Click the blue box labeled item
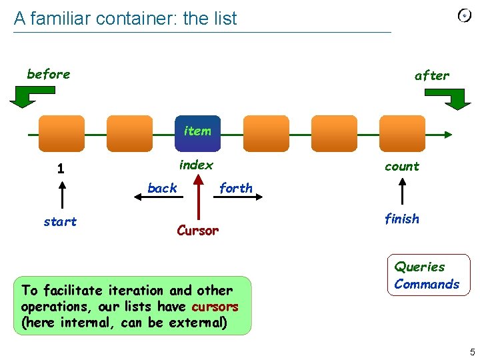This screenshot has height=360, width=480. [197, 133]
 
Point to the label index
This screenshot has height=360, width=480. [196, 165]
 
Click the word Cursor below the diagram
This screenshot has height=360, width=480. [197, 231]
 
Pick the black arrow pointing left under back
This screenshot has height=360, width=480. [159, 198]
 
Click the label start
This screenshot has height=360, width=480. [60, 222]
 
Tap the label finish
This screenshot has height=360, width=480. [402, 219]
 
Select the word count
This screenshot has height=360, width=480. [402, 167]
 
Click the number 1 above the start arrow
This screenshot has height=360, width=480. [61, 169]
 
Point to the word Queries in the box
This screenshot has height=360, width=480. [419, 267]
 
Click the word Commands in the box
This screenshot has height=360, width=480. [427, 284]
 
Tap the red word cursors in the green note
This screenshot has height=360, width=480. [215, 307]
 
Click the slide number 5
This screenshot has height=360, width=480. [472, 351]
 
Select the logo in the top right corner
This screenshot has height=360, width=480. [465, 15]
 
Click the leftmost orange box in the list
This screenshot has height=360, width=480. [61, 133]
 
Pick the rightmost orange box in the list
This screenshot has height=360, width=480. [402, 133]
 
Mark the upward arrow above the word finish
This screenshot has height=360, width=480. [402, 193]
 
